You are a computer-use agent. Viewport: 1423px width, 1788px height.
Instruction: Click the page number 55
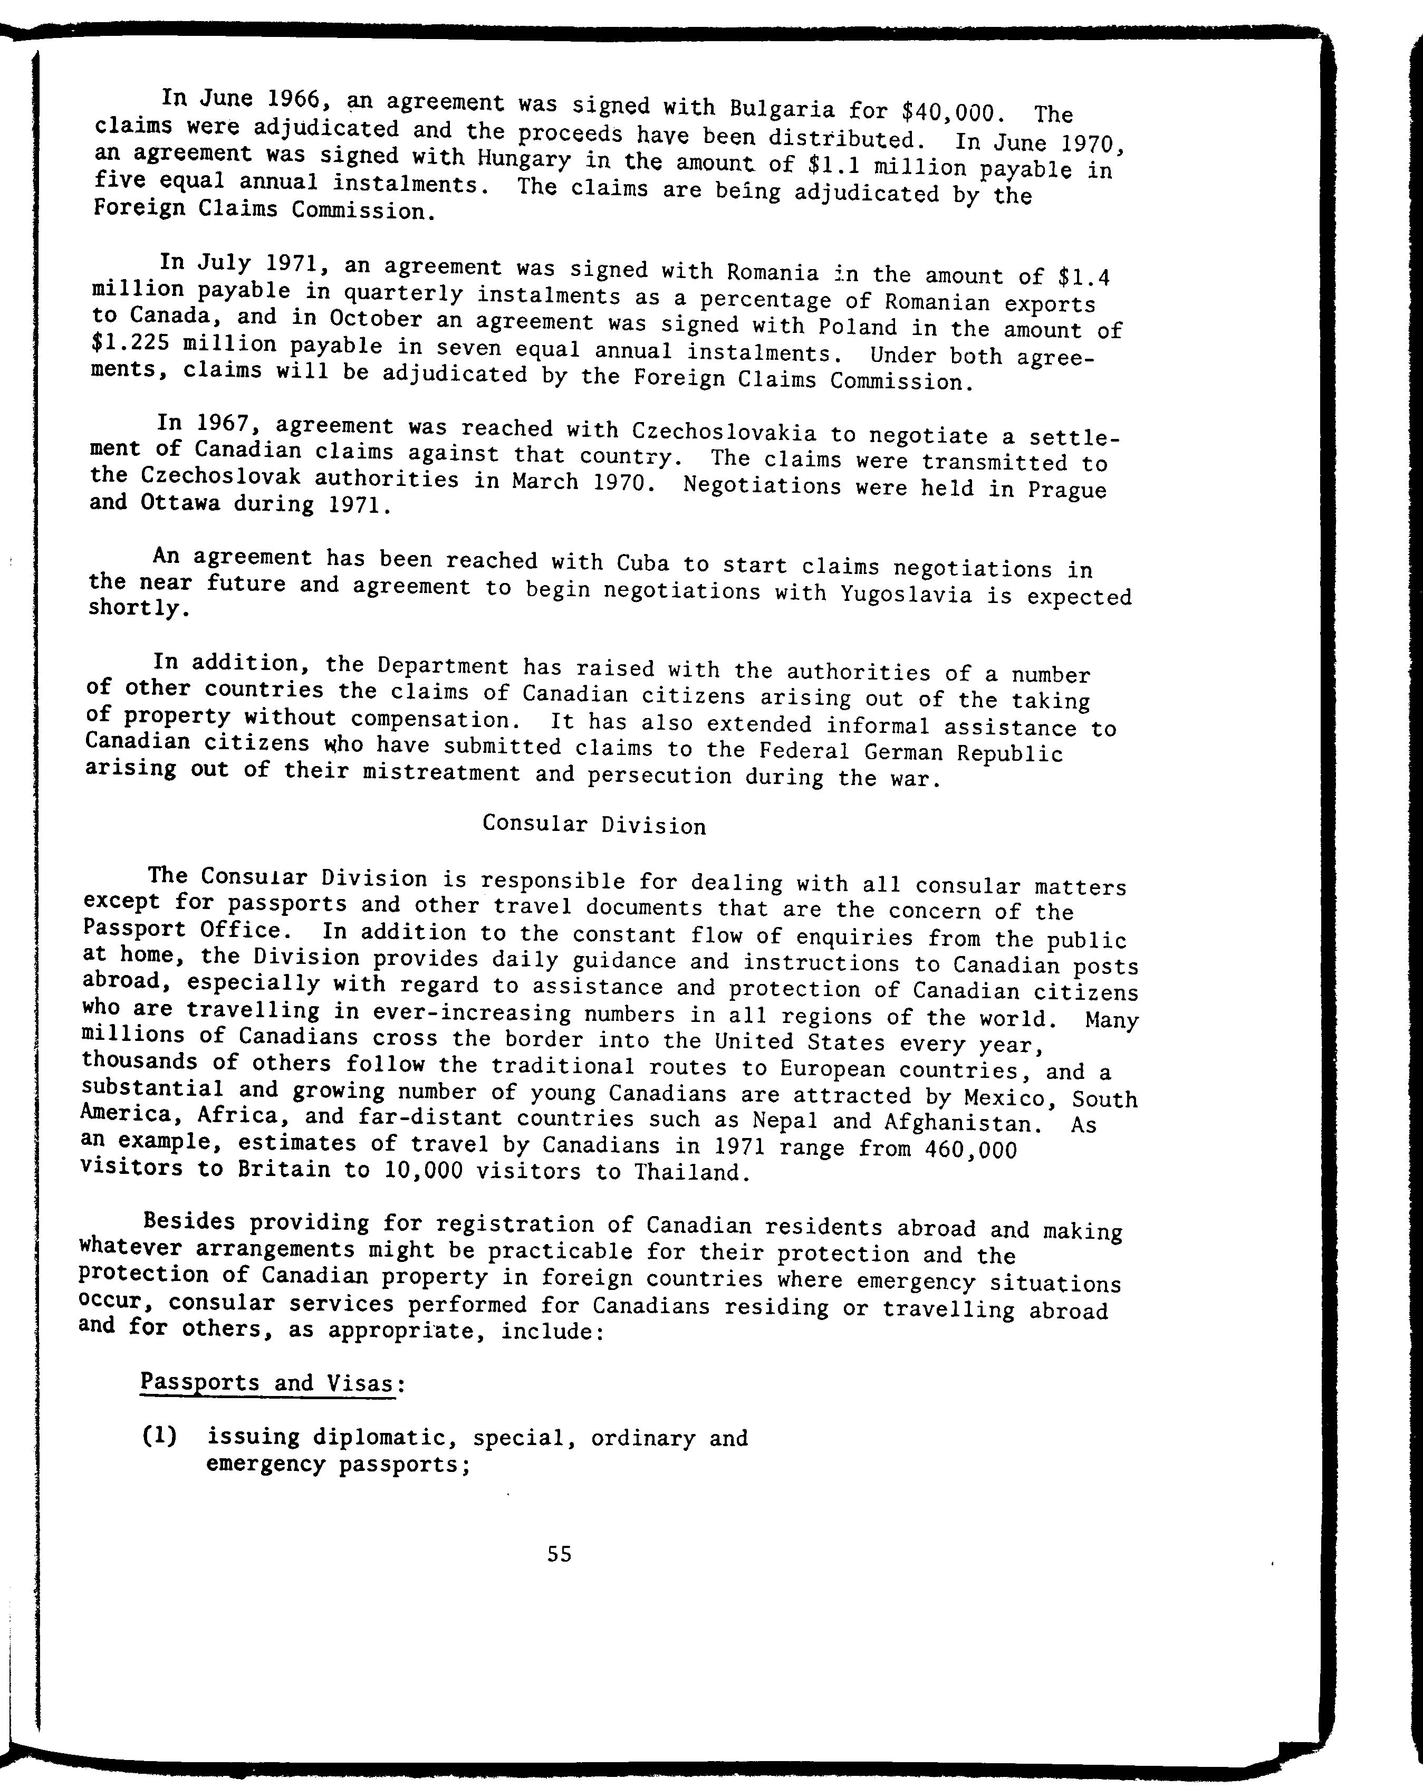click(559, 1554)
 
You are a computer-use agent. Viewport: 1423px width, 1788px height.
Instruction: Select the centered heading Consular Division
click(594, 825)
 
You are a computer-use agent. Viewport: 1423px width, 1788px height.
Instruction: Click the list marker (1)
click(159, 1437)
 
